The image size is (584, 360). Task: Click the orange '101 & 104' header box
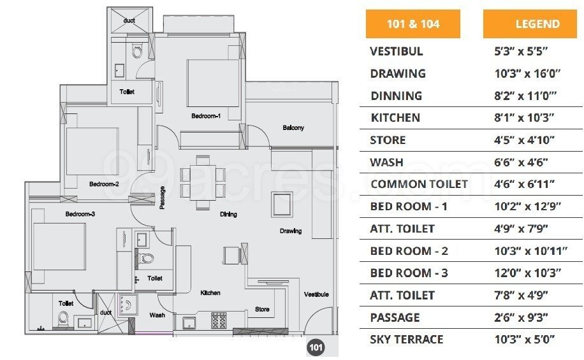[412, 25]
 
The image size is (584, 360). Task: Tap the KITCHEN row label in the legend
[395, 118]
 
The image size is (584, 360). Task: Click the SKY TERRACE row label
[406, 339]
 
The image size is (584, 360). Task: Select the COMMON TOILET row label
[419, 184]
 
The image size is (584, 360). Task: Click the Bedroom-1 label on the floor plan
[205, 117]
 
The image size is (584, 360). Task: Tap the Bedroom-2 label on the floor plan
[104, 184]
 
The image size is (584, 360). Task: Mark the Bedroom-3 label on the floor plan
[80, 214]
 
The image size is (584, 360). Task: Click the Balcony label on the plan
[293, 128]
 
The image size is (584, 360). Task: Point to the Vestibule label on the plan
[316, 294]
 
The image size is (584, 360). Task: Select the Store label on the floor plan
[262, 310]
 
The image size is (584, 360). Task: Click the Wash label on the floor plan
[157, 315]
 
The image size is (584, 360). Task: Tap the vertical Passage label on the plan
[163, 197]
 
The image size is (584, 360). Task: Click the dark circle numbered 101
[315, 347]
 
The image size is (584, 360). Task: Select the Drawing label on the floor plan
[290, 231]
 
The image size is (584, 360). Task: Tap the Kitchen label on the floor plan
[210, 293]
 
